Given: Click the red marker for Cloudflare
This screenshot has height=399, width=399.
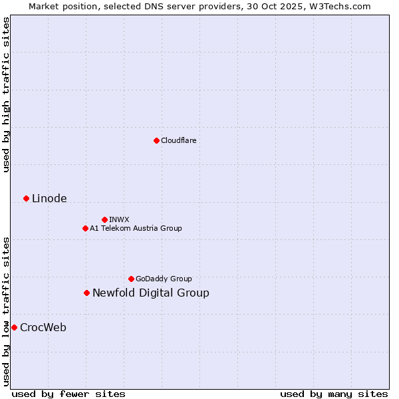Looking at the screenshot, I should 156,140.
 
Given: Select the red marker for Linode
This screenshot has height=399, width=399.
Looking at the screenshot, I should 26,198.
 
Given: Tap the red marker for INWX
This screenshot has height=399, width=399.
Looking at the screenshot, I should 104,219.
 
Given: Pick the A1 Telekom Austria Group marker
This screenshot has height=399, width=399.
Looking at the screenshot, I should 85,228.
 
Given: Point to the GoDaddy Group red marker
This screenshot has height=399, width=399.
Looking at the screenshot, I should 131,279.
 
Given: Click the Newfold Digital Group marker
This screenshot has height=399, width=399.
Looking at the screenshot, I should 86,293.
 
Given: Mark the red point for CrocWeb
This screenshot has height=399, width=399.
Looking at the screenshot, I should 14,327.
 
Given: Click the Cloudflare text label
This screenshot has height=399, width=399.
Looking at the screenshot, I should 179,140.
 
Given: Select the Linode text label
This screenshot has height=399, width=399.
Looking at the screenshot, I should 49,199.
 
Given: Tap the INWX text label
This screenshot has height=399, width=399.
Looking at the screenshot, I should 119,219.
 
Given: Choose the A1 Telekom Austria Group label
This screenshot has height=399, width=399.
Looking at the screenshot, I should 136,228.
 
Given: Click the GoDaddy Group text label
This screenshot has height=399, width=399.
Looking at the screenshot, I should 164,279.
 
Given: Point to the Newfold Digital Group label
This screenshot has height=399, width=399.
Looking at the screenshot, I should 151,293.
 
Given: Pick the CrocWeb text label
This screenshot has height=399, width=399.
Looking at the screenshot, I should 43,328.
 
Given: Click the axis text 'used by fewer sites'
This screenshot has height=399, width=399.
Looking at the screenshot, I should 68,394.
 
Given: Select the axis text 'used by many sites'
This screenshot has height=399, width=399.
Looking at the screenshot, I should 334,394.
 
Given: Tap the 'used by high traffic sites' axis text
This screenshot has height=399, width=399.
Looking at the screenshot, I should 6,94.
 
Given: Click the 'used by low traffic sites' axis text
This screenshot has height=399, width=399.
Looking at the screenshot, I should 6,311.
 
